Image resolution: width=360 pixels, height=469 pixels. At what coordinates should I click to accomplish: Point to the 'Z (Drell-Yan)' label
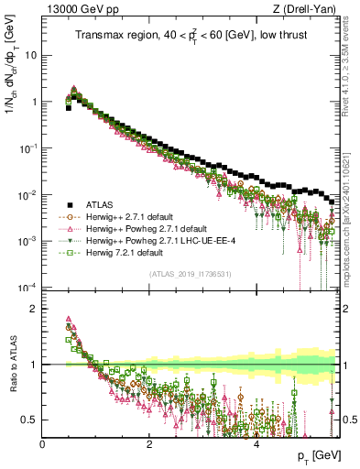click(x=310, y=10)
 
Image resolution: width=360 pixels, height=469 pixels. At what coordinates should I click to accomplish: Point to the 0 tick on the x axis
click(x=43, y=442)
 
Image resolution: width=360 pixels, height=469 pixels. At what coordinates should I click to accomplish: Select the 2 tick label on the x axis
click(x=149, y=442)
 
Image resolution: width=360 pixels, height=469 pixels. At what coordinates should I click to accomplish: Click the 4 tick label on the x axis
click(x=256, y=442)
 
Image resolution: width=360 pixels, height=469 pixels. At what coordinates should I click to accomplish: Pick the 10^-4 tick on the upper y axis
click(x=27, y=287)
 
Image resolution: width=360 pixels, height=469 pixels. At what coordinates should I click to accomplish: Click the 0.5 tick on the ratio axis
click(x=32, y=420)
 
